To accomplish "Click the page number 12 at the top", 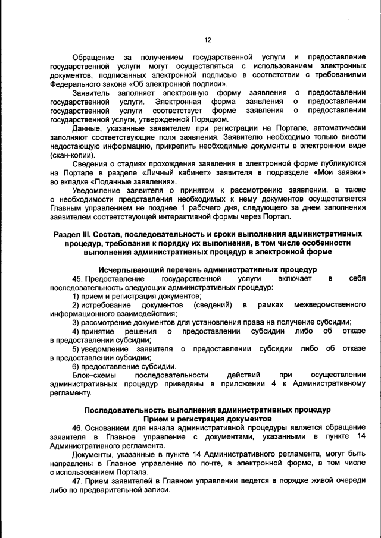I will point(208,40).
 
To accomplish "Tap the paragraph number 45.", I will point(77,278).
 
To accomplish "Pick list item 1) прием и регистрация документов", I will point(136,296).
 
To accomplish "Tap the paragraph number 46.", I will point(77,428).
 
